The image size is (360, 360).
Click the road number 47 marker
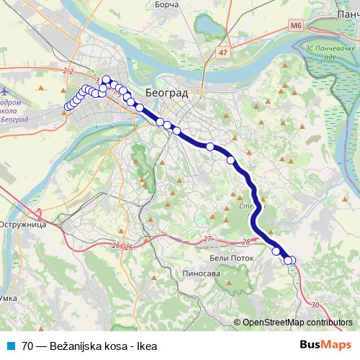coord(223,53)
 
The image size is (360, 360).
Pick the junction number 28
coord(247,242)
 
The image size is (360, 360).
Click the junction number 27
coord(207,238)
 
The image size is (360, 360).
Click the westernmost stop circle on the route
coord(68,107)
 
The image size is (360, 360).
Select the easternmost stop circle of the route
coord(292,260)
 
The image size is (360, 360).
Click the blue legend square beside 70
coord(9,346)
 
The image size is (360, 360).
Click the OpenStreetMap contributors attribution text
coord(297,323)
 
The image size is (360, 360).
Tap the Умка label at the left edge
coord(8,297)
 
